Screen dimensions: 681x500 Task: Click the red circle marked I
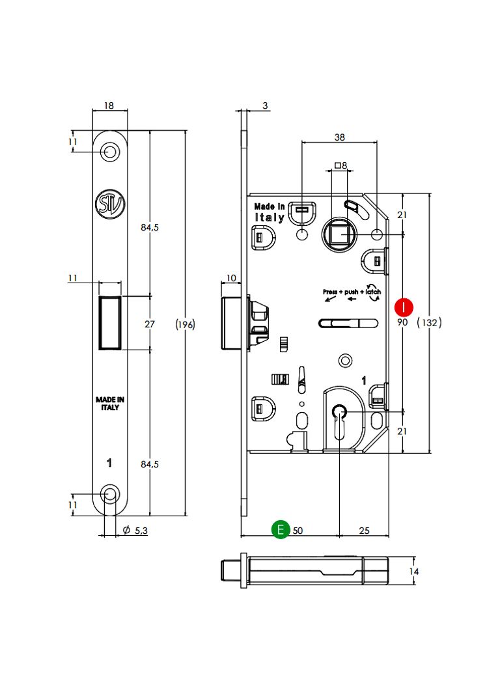(x=405, y=306)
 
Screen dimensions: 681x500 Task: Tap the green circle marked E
(x=281, y=529)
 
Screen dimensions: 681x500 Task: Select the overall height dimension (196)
(x=186, y=324)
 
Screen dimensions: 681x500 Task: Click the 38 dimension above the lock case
(x=339, y=137)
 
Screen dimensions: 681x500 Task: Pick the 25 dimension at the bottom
(x=364, y=531)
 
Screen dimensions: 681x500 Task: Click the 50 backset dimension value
(x=298, y=531)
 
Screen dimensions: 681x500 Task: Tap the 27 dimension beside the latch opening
(x=149, y=324)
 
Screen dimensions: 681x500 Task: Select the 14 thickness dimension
(x=413, y=572)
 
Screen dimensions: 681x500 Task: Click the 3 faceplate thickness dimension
(x=266, y=105)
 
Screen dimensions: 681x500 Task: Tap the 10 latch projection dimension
(x=230, y=278)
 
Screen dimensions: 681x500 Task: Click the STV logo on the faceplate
(x=109, y=202)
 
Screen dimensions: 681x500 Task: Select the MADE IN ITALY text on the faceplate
(x=109, y=404)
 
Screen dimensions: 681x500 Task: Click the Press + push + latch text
(x=352, y=292)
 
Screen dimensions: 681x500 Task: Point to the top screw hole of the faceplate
(x=110, y=152)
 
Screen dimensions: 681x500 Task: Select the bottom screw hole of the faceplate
(x=110, y=495)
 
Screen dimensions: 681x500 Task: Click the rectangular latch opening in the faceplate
(x=109, y=323)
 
